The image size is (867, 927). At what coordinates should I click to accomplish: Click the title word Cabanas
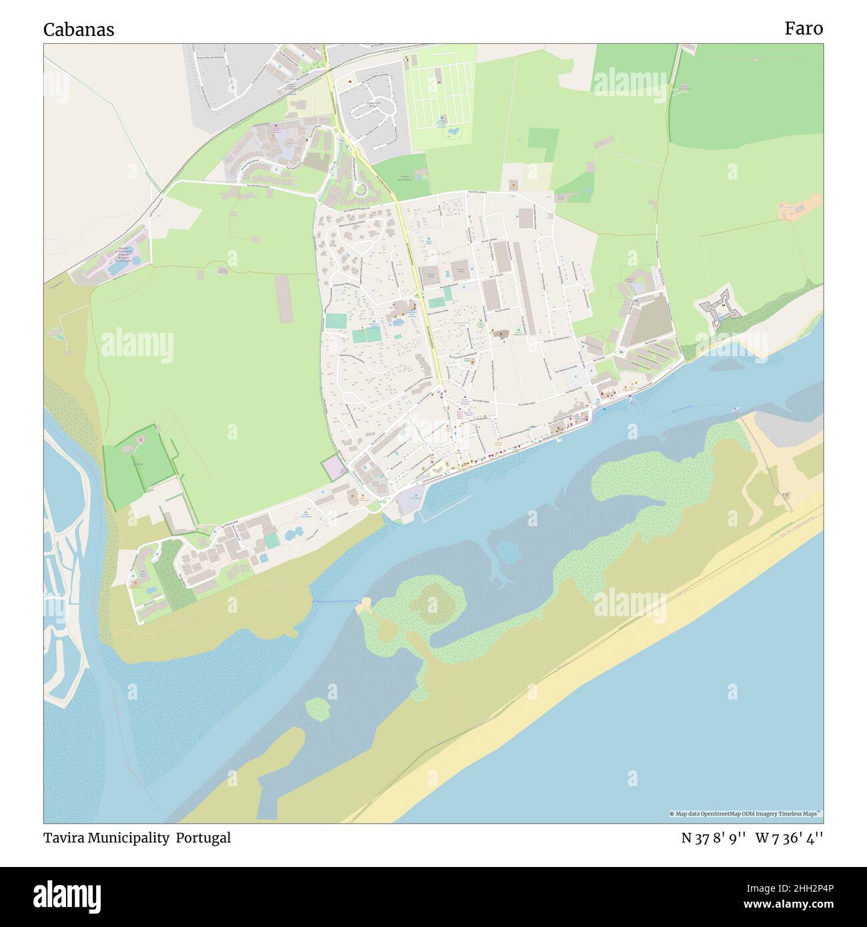[79, 29]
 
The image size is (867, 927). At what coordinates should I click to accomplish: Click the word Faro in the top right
[803, 28]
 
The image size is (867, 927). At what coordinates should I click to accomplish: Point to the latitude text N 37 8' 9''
[713, 838]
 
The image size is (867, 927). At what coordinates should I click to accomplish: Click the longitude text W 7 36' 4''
[789, 838]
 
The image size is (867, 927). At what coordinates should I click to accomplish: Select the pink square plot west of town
[332, 468]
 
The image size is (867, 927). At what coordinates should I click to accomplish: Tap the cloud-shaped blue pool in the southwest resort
[293, 534]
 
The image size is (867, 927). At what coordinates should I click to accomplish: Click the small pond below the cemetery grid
[452, 133]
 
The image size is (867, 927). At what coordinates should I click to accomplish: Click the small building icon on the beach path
[787, 495]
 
